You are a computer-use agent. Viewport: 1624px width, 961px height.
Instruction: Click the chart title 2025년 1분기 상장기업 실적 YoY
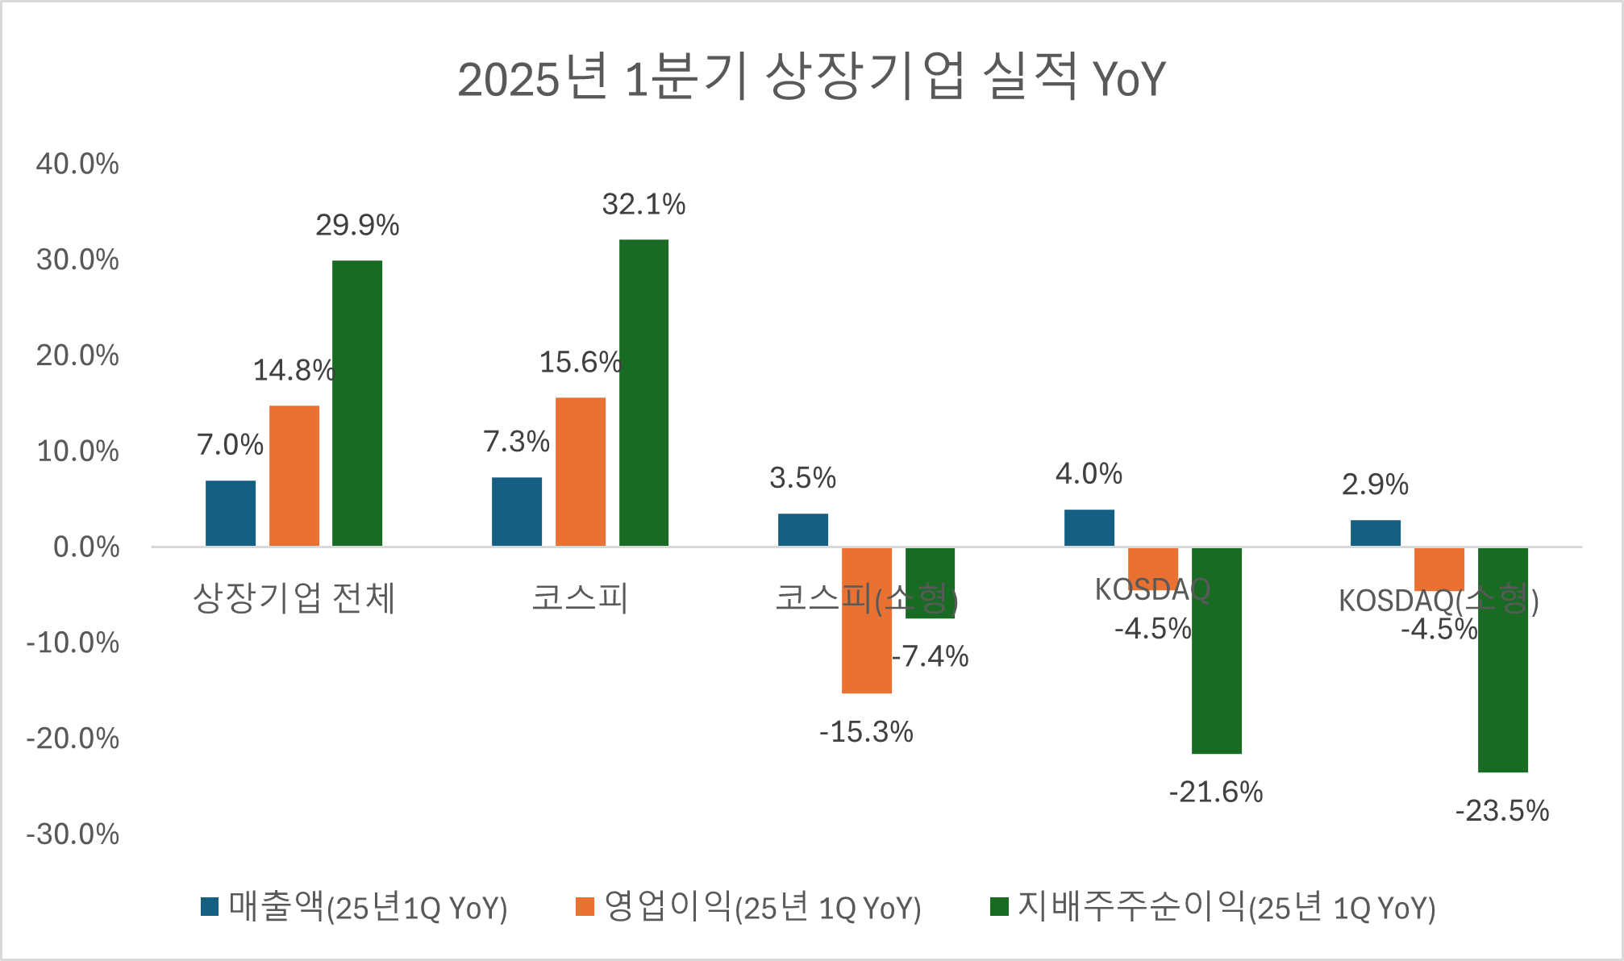click(811, 78)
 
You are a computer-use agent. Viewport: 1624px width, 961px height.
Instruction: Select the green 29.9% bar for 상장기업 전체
click(357, 403)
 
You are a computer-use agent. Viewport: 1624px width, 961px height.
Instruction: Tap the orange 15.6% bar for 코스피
click(581, 472)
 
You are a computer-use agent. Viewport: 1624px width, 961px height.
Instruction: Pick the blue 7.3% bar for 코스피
click(517, 512)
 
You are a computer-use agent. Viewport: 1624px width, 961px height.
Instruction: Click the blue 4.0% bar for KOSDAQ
click(1089, 528)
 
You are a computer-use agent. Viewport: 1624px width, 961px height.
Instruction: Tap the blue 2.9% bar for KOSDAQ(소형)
click(1376, 533)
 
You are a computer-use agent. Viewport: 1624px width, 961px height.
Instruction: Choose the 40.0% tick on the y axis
click(77, 164)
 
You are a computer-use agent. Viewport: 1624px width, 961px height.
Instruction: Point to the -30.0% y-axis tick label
click(73, 834)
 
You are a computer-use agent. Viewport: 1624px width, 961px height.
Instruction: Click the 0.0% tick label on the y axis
click(85, 547)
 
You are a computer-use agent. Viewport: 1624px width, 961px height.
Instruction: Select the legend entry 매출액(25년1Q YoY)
click(355, 907)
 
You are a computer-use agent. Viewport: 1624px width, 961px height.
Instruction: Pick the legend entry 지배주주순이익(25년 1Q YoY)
click(1214, 907)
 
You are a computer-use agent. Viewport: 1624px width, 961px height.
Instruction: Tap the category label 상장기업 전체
click(294, 598)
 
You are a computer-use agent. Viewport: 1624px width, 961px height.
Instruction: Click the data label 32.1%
click(643, 205)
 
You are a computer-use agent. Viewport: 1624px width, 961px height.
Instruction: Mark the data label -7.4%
click(931, 657)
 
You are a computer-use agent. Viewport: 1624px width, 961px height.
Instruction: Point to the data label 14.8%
click(294, 371)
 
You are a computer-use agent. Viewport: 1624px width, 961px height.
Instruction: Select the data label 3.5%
click(802, 478)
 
